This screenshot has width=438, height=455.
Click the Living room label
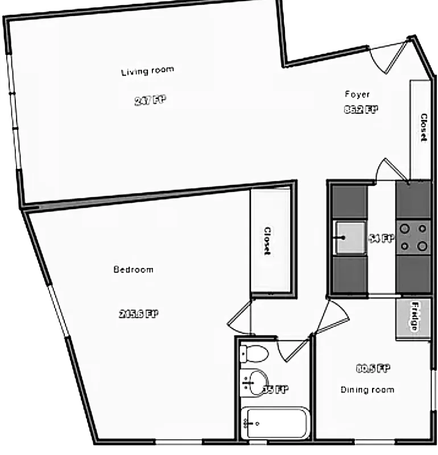tap(147, 71)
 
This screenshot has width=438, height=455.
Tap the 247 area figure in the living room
tap(150, 101)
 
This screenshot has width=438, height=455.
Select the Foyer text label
tap(357, 94)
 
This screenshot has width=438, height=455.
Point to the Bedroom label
tap(133, 270)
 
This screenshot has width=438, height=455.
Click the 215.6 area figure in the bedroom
tap(138, 313)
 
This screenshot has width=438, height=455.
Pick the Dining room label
tap(367, 390)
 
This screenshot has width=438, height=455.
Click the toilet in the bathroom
tap(253, 353)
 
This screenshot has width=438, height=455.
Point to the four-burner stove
tap(414, 237)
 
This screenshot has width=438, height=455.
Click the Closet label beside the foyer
tap(423, 127)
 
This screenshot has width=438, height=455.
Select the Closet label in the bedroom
tap(267, 241)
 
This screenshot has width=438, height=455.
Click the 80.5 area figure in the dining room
tap(373, 369)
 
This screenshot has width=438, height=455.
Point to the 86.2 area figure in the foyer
tap(361, 110)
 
